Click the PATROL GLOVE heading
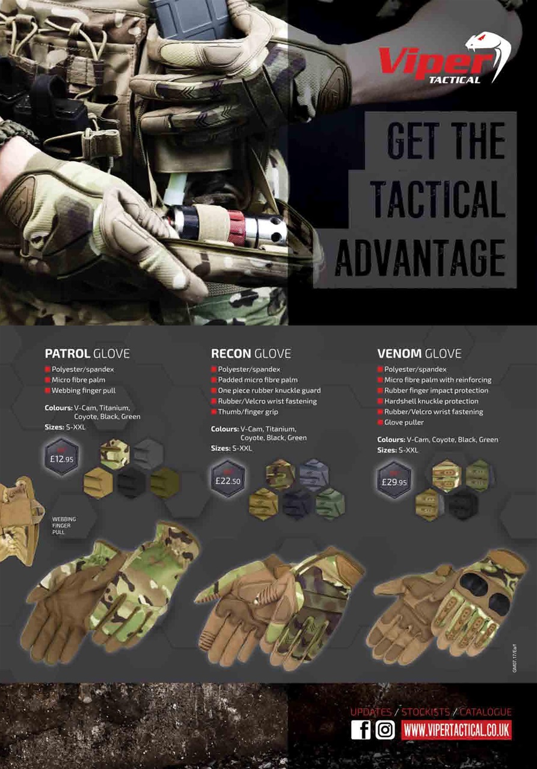click(x=87, y=353)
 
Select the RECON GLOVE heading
click(x=251, y=353)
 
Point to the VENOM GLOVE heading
click(x=419, y=353)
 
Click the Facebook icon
click(x=361, y=729)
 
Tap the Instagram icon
click(x=385, y=729)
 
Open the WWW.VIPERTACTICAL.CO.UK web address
click(x=456, y=730)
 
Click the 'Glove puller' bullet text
click(x=404, y=422)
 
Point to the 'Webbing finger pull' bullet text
click(x=84, y=391)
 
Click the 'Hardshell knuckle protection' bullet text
click(x=431, y=401)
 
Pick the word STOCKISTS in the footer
click(x=426, y=712)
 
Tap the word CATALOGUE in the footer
click(x=486, y=712)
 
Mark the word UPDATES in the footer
click(x=370, y=712)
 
